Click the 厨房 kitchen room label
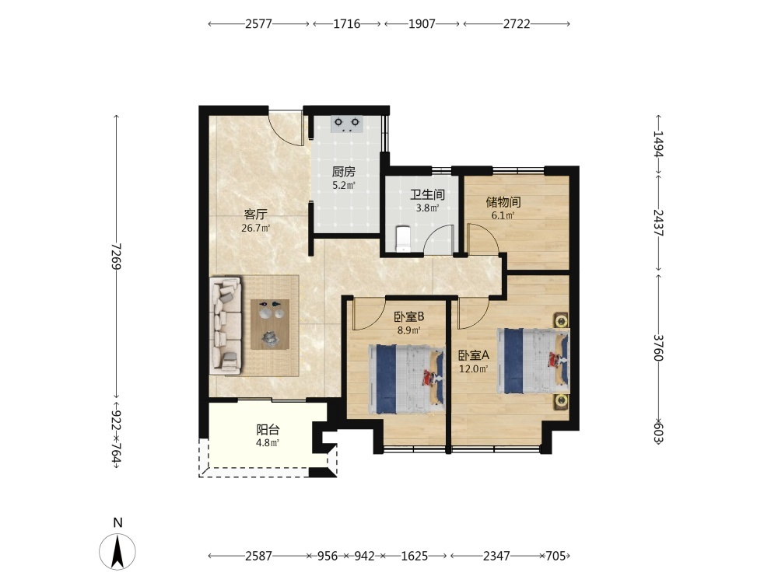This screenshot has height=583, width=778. coord(343,172)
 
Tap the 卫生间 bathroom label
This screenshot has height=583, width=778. coord(426,195)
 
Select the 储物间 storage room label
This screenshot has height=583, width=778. coord(503,202)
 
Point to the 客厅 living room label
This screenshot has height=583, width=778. coord(255,215)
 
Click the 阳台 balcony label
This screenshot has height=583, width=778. coord(268,430)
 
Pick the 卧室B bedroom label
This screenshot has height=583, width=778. coord(409,316)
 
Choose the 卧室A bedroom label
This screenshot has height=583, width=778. coord(473,355)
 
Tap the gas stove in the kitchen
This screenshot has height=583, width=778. coord(346,124)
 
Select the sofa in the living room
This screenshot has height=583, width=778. coord(226,325)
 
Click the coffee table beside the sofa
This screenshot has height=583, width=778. coord(271,325)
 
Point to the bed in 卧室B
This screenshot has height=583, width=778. coord(406,379)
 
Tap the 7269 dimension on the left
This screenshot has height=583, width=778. coord(117,256)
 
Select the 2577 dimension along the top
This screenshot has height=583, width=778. coord(258,24)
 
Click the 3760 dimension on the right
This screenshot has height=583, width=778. coord(658,347)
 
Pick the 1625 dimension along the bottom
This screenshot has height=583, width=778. coord(415,557)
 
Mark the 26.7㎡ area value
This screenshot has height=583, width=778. coord(255,229)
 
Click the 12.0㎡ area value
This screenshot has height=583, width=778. coord(473,368)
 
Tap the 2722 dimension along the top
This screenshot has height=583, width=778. coord(517,24)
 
